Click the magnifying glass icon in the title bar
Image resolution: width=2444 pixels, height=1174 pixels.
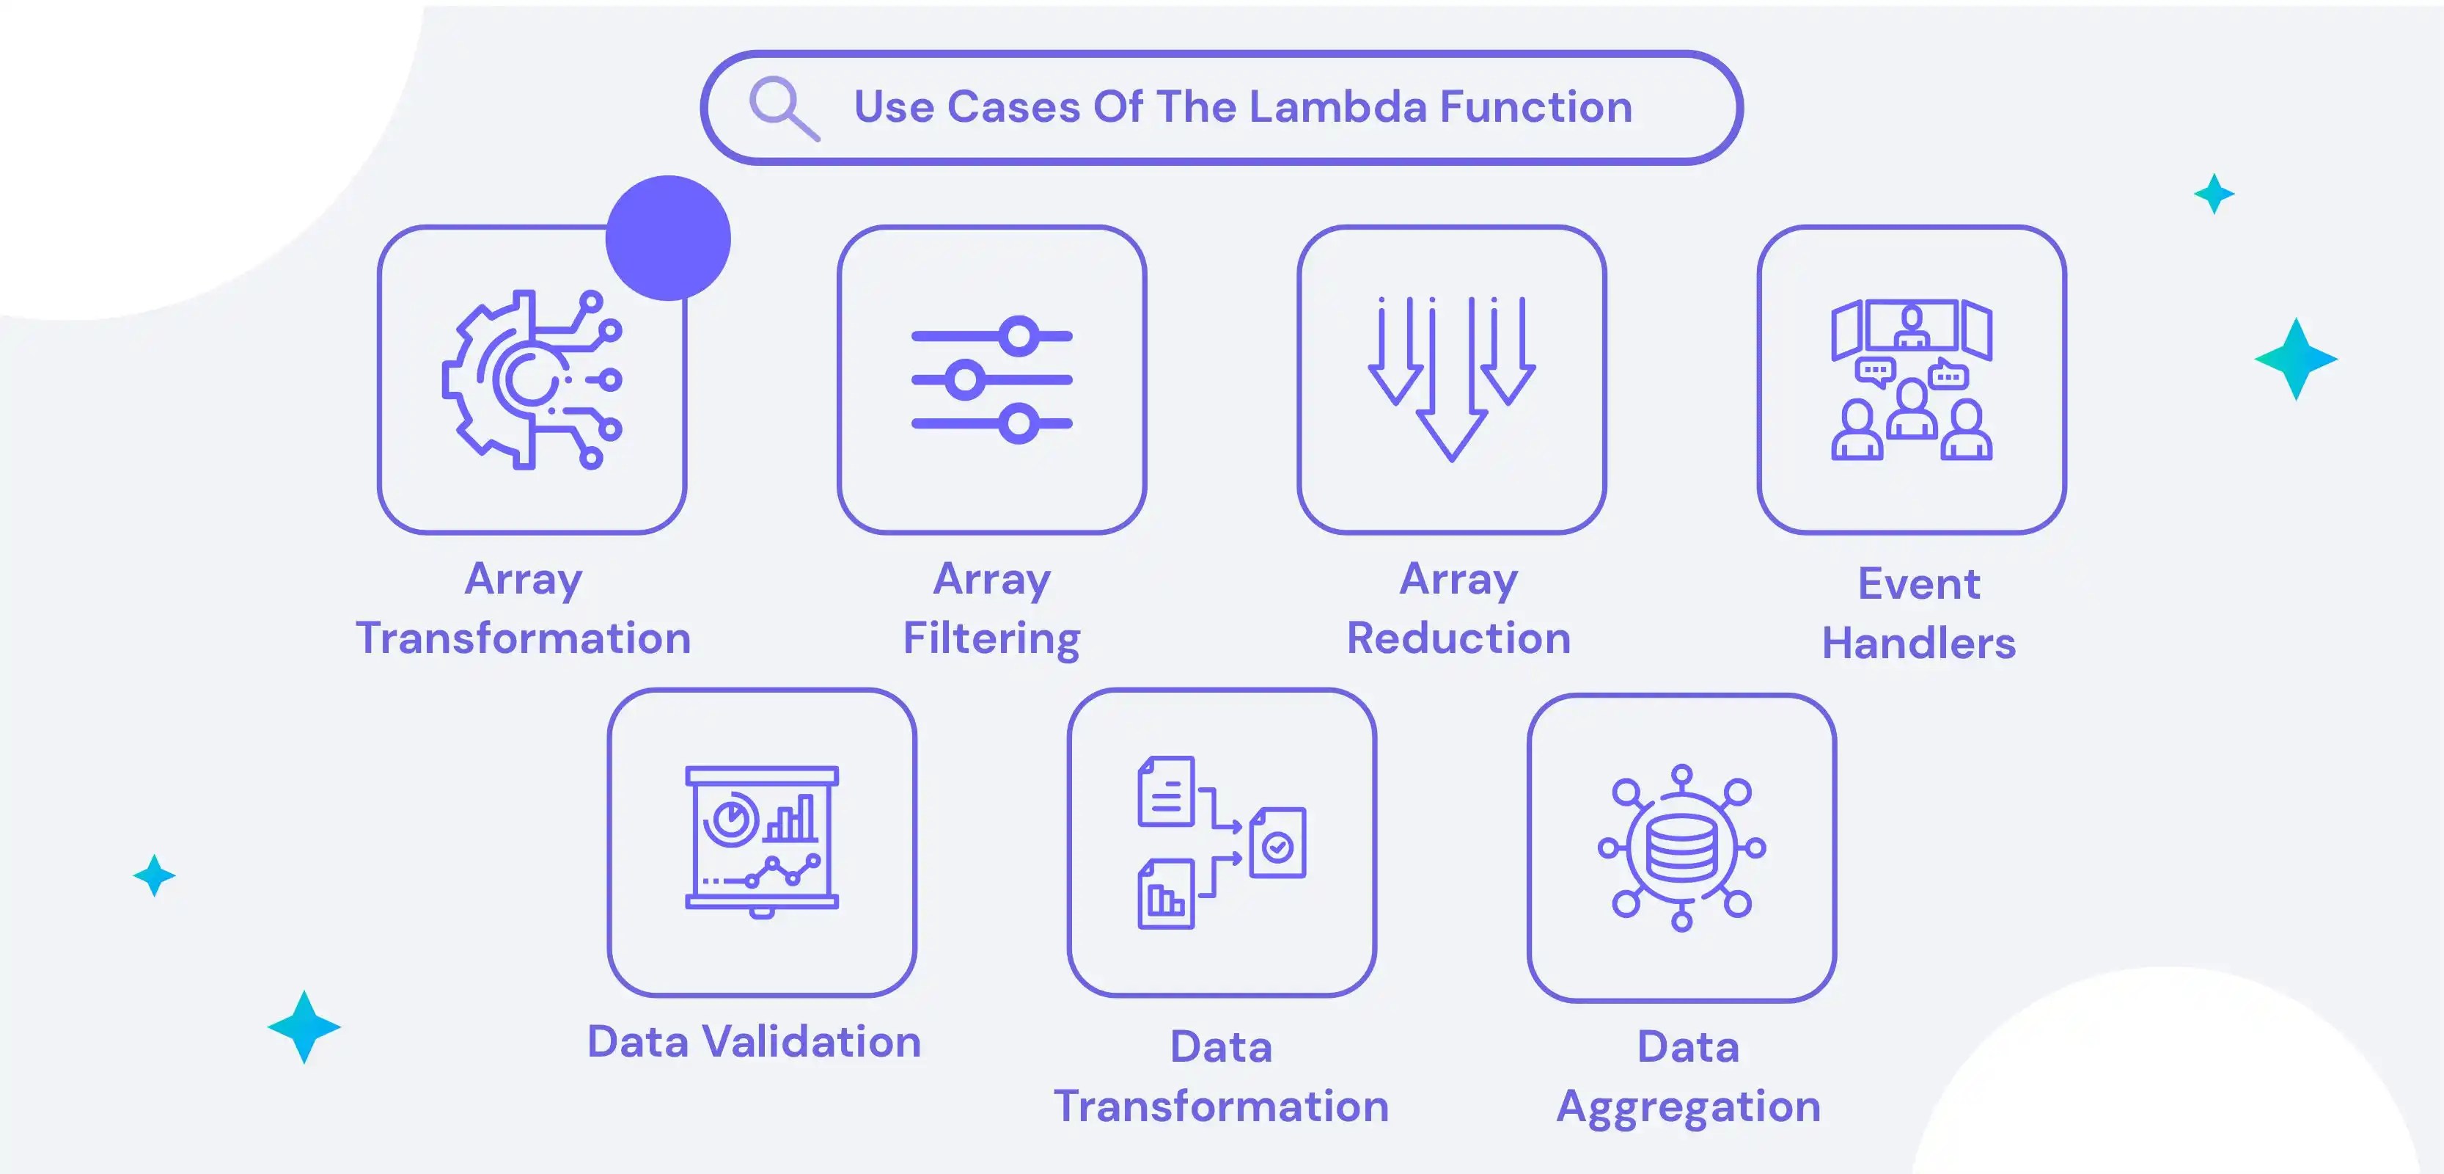coord(782,106)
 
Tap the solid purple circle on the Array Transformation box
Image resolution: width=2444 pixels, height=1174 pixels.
coord(668,237)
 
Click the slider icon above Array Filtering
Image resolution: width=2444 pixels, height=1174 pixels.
coord(991,379)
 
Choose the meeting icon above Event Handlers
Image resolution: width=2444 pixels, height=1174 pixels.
coord(1911,379)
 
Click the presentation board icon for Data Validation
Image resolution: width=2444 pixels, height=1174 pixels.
coord(762,841)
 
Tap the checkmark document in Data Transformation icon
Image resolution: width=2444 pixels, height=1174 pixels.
coord(1278,843)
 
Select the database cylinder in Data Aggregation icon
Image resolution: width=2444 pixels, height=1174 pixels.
coord(1681,847)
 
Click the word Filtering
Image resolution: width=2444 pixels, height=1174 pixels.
coord(991,638)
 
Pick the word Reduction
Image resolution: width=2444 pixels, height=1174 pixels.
coord(1458,638)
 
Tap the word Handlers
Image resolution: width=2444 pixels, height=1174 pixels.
coord(1918,643)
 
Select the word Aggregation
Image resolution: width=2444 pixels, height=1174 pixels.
coord(1688,1106)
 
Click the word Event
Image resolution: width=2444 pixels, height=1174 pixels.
coord(1918,583)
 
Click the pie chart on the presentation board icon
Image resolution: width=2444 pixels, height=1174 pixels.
coord(730,818)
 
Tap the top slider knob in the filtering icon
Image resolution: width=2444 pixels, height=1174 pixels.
coord(1019,336)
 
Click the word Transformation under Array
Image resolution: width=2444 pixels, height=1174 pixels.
coord(523,638)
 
